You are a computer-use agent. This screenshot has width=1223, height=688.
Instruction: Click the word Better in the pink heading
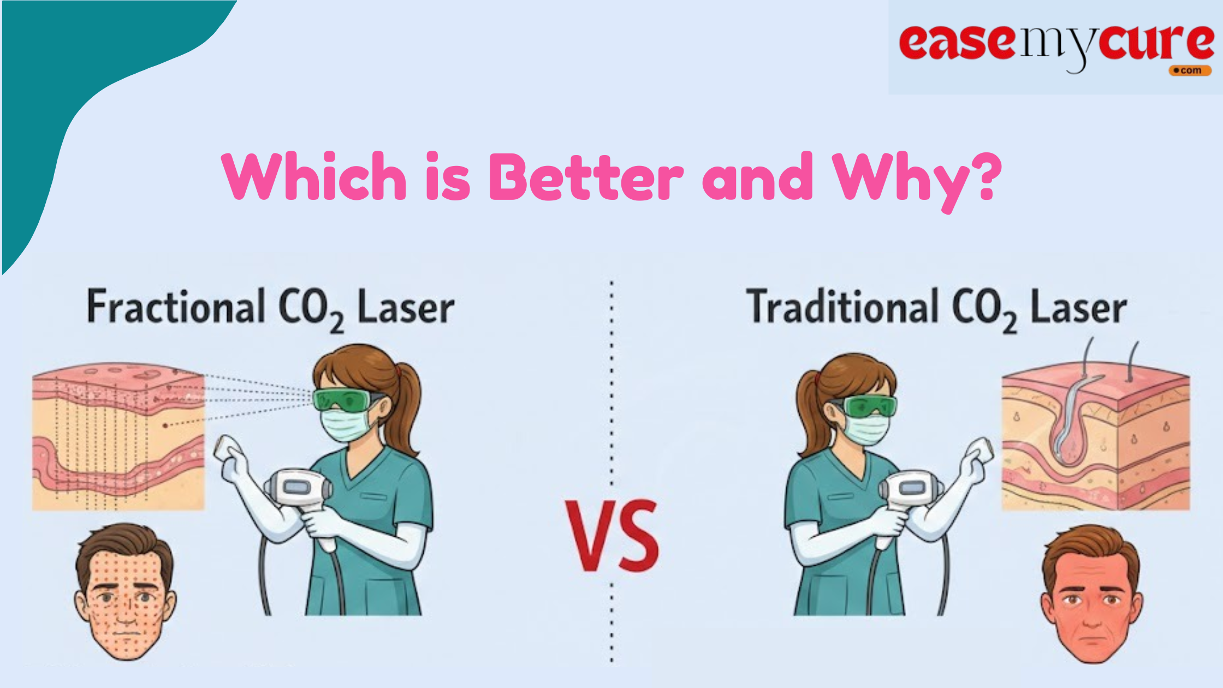click(x=586, y=176)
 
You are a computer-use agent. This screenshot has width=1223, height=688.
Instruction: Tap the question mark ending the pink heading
click(x=983, y=176)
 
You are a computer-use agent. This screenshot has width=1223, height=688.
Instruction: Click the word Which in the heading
click(x=314, y=176)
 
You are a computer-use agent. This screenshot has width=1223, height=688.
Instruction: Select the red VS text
click(x=612, y=536)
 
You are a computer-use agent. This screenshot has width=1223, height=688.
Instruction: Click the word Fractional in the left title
click(x=176, y=307)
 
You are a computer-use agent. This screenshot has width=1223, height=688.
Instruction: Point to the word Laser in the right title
click(x=1078, y=308)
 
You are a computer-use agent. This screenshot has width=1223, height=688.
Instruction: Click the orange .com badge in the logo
click(x=1190, y=70)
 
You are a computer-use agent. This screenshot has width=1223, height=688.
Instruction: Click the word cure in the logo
click(x=1157, y=42)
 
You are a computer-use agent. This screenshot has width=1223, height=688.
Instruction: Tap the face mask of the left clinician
click(x=345, y=424)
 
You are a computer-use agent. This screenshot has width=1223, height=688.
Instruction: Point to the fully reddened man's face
click(x=1091, y=594)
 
